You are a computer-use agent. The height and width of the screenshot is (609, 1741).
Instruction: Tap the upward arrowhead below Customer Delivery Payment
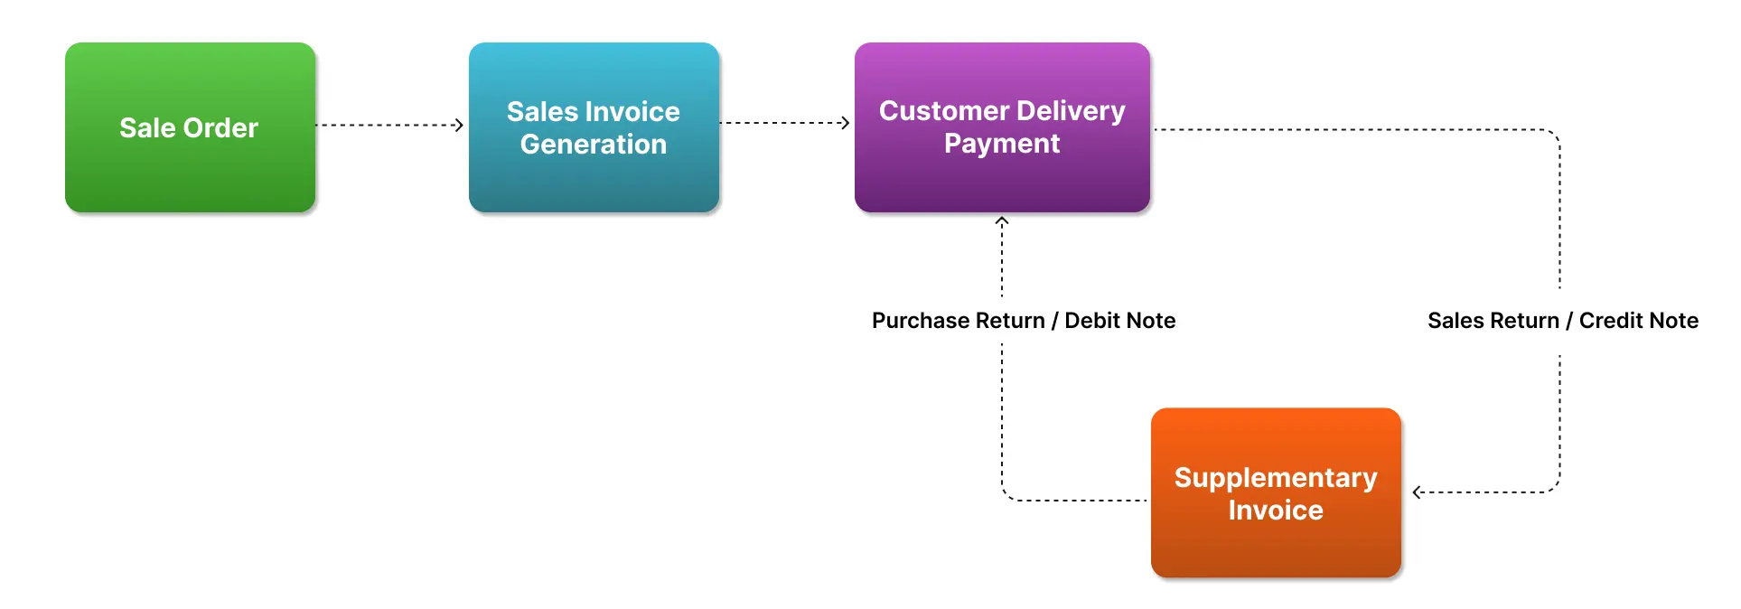[1001, 220]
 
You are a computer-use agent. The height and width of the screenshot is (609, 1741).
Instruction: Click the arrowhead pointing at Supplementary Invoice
[1418, 492]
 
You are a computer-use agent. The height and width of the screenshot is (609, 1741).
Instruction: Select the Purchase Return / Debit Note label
[1023, 321]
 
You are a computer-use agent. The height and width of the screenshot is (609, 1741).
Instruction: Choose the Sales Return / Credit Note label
[1562, 321]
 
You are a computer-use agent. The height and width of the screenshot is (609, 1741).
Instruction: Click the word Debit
[1092, 321]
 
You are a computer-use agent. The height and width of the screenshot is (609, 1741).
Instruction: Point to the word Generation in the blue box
[594, 145]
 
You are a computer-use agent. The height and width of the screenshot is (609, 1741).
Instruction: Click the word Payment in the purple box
[1002, 144]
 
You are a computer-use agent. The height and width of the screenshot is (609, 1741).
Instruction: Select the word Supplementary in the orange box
[1275, 478]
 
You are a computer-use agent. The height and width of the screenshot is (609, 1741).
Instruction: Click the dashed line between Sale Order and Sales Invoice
[388, 125]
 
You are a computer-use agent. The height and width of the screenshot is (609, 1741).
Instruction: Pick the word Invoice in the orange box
[1275, 511]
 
